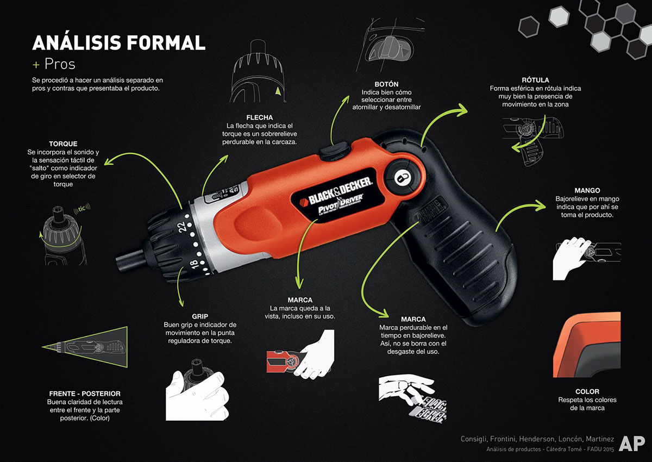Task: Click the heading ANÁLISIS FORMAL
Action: pyautogui.click(x=119, y=42)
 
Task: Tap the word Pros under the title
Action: pyautogui.click(x=60, y=64)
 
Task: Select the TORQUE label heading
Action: pyautogui.click(x=63, y=144)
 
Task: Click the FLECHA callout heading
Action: pyautogui.click(x=259, y=117)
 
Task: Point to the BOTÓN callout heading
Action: pyautogui.click(x=387, y=84)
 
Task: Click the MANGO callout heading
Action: pyautogui.click(x=587, y=191)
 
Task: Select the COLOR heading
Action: pyautogui.click(x=587, y=391)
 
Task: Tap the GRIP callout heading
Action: pyautogui.click(x=200, y=316)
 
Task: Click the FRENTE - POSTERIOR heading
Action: pyautogui.click(x=84, y=393)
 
